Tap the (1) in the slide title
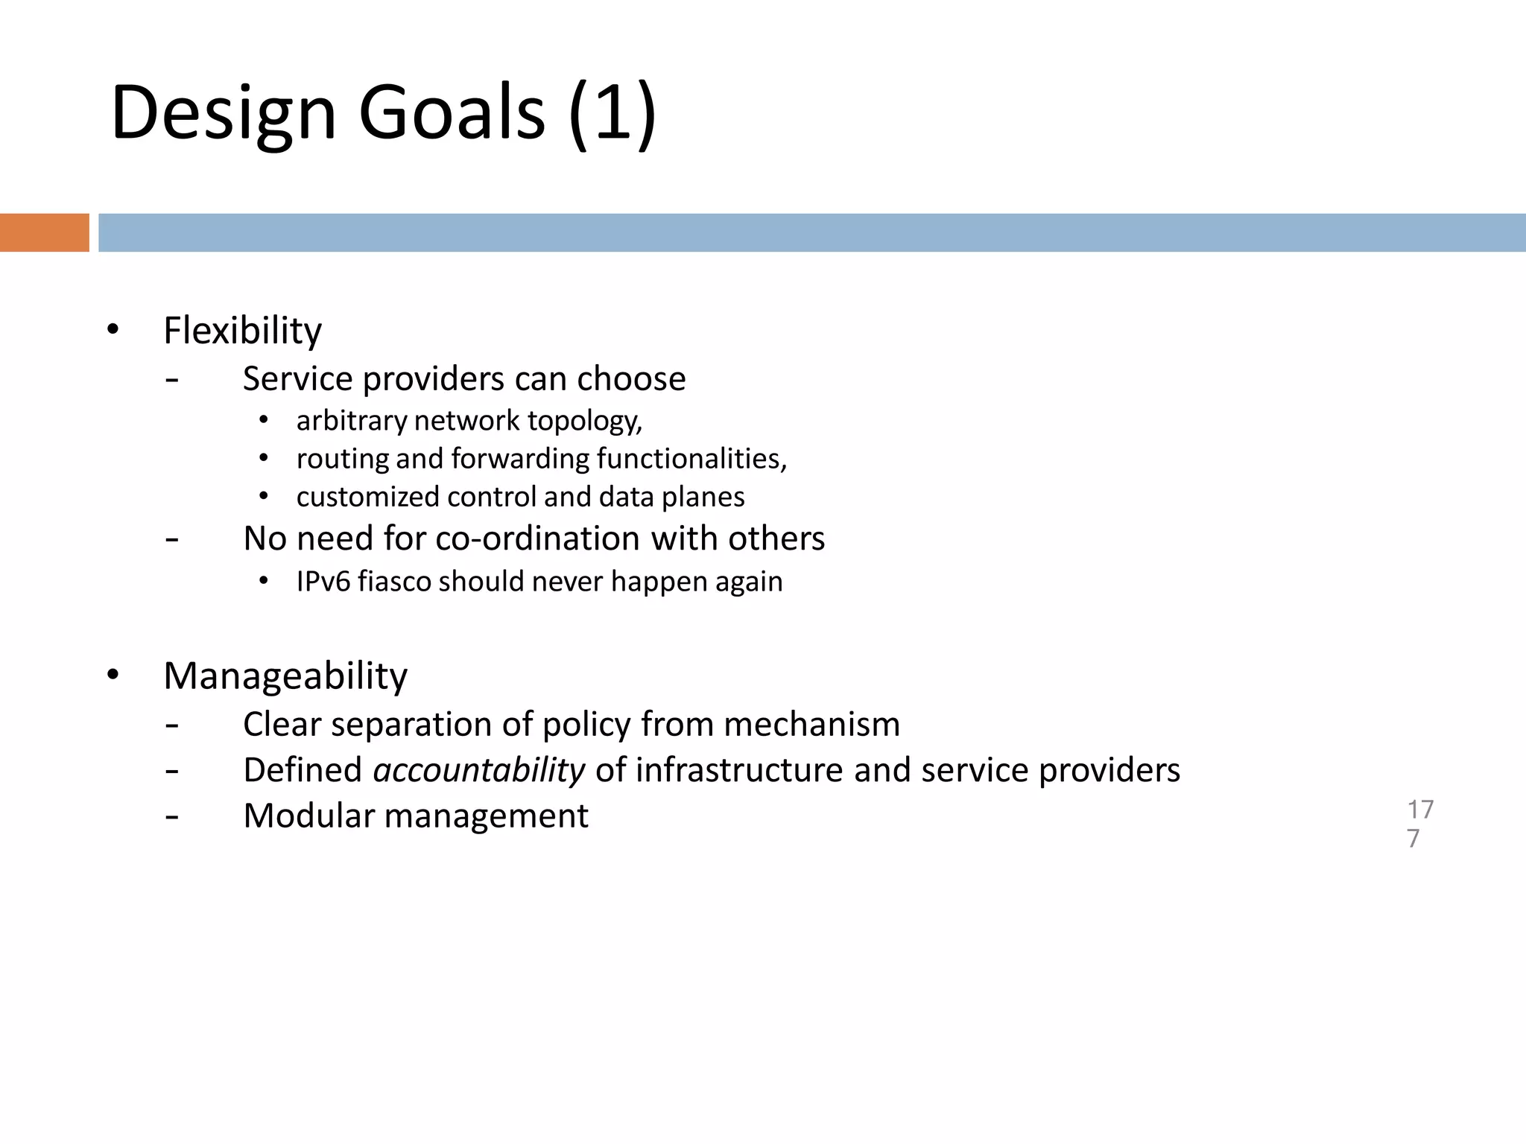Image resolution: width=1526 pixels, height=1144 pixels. pyautogui.click(x=612, y=113)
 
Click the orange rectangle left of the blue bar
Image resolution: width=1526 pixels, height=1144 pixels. pyautogui.click(x=44, y=232)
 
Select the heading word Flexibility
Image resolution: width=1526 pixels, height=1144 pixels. pyautogui.click(x=242, y=331)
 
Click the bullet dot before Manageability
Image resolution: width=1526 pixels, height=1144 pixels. pyautogui.click(x=113, y=675)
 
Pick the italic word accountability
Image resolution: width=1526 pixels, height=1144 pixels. pyautogui.click(x=479, y=770)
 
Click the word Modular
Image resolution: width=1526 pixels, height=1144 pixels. pyautogui.click(x=308, y=816)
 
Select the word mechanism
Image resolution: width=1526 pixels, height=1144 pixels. pyautogui.click(x=811, y=725)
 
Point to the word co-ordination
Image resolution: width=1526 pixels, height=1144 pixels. pyautogui.click(x=538, y=538)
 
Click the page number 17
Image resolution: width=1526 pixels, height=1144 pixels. pyautogui.click(x=1420, y=810)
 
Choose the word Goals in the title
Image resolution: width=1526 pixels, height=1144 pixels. pyautogui.click(x=452, y=113)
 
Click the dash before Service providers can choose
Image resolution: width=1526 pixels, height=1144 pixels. pyautogui.click(x=172, y=380)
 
